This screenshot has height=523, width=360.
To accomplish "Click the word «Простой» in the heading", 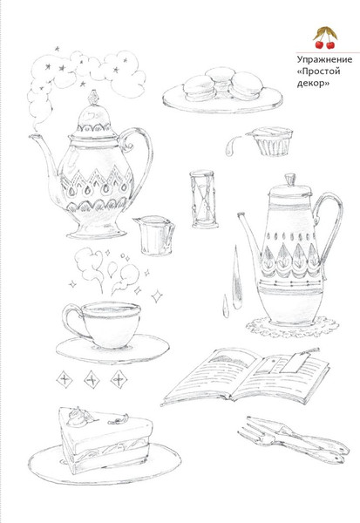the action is tap(319, 71).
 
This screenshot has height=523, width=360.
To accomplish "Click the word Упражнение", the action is tap(324, 59).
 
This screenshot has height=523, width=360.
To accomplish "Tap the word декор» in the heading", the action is tap(313, 83).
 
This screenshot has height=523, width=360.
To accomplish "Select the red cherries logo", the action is tap(325, 37).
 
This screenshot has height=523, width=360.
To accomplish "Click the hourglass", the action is tap(203, 200).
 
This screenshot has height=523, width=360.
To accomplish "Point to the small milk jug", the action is tap(154, 234).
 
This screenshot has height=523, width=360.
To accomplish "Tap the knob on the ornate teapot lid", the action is tap(93, 98).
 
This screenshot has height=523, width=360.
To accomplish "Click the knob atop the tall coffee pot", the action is tap(290, 180).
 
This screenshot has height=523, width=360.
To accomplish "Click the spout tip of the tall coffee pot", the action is tap(241, 215).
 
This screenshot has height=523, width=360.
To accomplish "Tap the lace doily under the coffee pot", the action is tap(292, 327).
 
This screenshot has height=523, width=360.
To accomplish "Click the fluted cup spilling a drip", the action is tap(273, 141).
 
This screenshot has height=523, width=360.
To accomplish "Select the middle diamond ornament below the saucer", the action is tap(92, 379).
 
